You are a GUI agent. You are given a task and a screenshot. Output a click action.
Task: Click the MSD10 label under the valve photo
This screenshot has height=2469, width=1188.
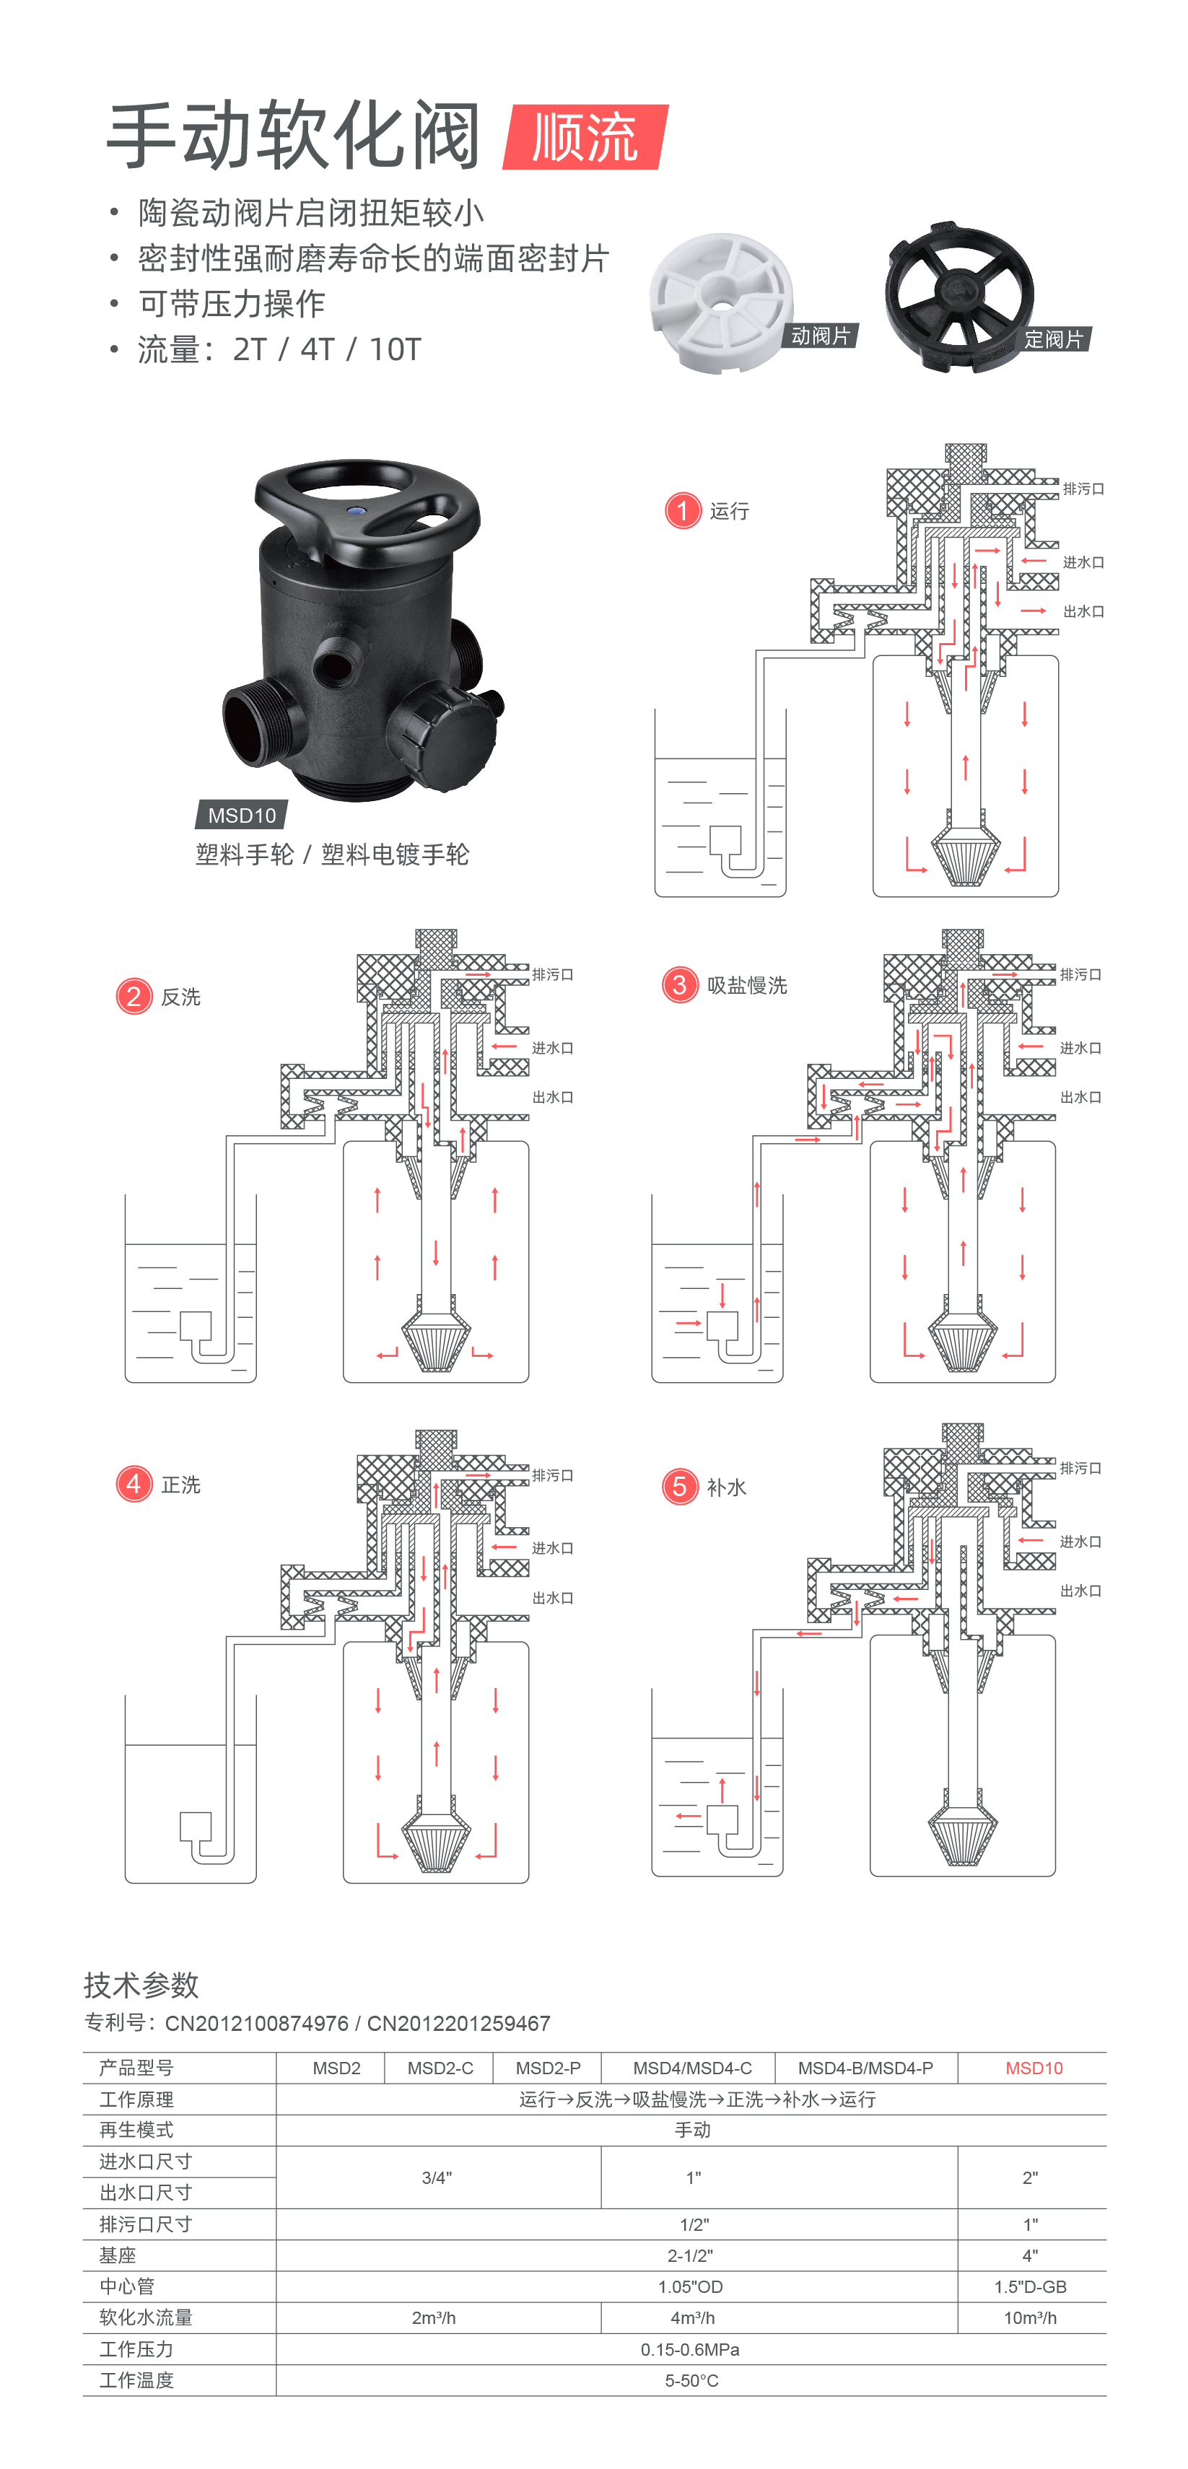click(x=242, y=816)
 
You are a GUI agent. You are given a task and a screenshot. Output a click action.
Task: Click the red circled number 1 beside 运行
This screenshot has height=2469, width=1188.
click(x=683, y=511)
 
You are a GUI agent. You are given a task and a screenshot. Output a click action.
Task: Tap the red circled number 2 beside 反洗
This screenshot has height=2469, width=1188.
click(x=134, y=997)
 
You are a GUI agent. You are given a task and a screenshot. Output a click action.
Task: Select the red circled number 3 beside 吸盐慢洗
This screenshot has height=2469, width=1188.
click(x=680, y=984)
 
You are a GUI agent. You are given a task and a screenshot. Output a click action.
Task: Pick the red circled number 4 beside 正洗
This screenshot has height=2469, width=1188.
click(x=134, y=1484)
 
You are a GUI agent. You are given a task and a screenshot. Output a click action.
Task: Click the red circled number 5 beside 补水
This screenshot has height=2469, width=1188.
click(x=680, y=1487)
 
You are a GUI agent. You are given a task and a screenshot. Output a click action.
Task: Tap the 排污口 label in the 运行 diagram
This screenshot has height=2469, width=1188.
click(x=1083, y=489)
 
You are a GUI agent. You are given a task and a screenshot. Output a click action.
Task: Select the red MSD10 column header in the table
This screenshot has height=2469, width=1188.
click(x=1034, y=2068)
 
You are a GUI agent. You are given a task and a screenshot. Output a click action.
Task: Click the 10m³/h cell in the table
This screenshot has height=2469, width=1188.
click(x=1030, y=2317)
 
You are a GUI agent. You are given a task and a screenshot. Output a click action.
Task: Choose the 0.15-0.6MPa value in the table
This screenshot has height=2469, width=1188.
click(x=691, y=2349)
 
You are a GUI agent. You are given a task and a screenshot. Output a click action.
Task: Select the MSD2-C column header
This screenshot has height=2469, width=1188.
click(x=440, y=2068)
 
